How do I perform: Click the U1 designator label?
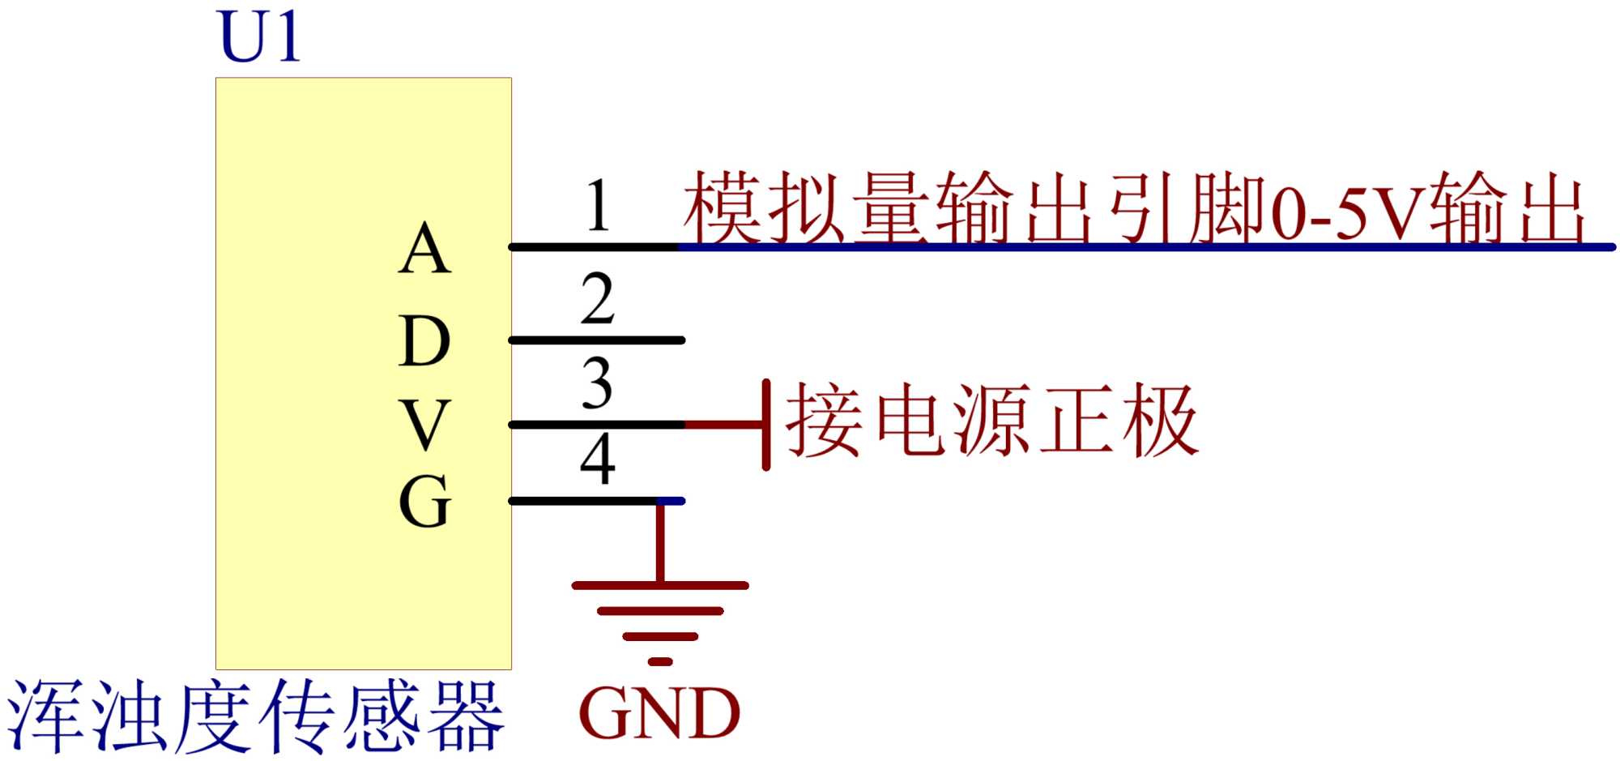tap(259, 37)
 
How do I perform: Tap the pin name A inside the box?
tap(424, 250)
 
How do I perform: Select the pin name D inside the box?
tap(424, 341)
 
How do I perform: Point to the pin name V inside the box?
tap(424, 425)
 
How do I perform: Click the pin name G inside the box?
tap(424, 501)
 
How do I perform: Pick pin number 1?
tap(598, 206)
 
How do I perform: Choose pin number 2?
tap(598, 299)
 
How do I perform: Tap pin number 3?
tap(598, 383)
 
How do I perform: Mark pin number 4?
tap(598, 460)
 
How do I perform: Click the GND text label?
tap(659, 714)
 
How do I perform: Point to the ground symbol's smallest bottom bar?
tap(660, 662)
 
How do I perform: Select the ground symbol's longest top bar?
tap(660, 585)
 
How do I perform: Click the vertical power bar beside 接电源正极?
tap(765, 425)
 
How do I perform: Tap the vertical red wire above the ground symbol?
tap(661, 541)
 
